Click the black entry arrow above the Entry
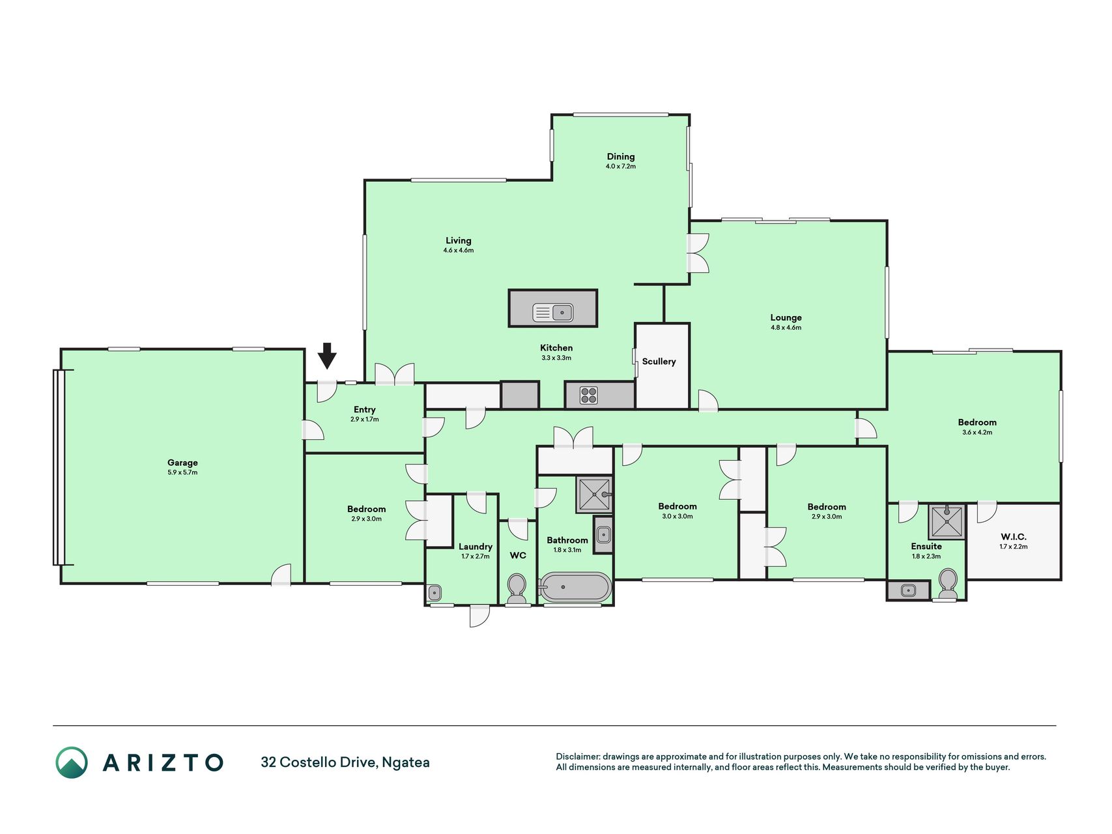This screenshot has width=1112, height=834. (x=327, y=356)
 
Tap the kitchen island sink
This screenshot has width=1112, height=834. (x=552, y=313)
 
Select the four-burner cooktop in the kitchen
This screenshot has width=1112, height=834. (x=589, y=395)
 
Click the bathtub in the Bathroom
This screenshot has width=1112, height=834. (x=576, y=587)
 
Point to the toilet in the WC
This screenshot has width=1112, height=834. (x=517, y=588)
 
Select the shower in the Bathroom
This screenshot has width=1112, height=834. (x=594, y=495)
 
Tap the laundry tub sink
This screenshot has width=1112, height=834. (x=435, y=593)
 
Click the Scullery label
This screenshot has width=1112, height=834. (x=659, y=362)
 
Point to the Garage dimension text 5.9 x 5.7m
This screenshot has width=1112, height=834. (x=182, y=472)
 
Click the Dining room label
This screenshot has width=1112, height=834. (x=621, y=156)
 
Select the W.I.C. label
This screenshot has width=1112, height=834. (x=1014, y=537)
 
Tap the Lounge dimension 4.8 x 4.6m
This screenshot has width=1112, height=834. (x=786, y=328)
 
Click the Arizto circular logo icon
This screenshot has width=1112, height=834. (x=71, y=762)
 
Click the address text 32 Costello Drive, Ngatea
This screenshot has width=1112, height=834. (x=345, y=762)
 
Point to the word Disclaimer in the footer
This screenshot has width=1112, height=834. (x=577, y=756)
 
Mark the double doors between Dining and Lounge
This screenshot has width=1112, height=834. (x=698, y=253)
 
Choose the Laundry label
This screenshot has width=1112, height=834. (x=476, y=547)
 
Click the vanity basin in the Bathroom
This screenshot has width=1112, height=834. (x=603, y=536)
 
